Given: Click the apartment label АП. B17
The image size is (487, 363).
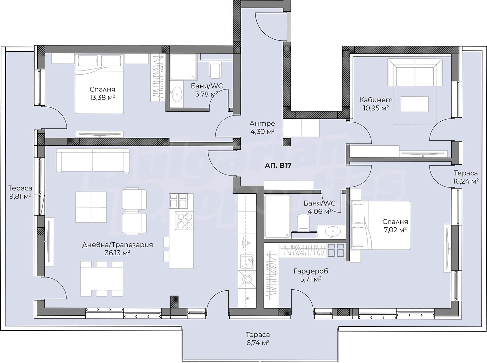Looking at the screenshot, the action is (278, 165).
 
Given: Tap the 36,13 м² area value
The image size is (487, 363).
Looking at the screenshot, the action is (117, 253).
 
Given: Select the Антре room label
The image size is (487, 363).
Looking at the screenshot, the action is (262, 123).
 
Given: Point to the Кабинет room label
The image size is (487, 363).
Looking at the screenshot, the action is (376, 100).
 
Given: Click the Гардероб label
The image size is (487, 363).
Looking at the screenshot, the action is (311, 271).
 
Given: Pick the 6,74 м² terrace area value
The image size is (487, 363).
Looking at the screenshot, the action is (257, 343).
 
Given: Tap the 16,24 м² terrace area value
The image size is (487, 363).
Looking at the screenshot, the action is (466, 181).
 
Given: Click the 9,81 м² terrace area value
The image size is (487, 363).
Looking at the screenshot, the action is (20, 196).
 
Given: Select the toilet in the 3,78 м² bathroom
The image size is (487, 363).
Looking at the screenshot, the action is (215, 71).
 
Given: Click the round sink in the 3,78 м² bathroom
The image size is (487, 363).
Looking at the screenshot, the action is (177, 94).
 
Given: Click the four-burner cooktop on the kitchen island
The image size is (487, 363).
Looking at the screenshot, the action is (184, 221).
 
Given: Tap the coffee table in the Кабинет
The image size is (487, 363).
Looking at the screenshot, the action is (415, 104).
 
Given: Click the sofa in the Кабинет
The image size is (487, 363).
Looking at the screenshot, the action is (415, 72).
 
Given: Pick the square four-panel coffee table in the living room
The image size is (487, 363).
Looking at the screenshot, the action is (91, 207).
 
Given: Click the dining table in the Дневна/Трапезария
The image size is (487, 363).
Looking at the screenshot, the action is (102, 279).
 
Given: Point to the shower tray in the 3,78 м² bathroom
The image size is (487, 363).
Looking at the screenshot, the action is (183, 67).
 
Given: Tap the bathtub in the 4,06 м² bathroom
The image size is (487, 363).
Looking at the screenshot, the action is (277, 216).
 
